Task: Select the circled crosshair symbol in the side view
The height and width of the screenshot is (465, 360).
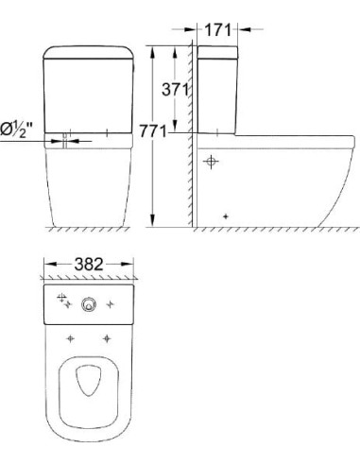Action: (x=212, y=162)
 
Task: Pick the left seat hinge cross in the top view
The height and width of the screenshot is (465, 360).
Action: (x=70, y=337)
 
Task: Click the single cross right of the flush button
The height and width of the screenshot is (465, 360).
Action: (x=112, y=304)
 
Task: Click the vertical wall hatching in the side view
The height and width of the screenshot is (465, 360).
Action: (x=189, y=142)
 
